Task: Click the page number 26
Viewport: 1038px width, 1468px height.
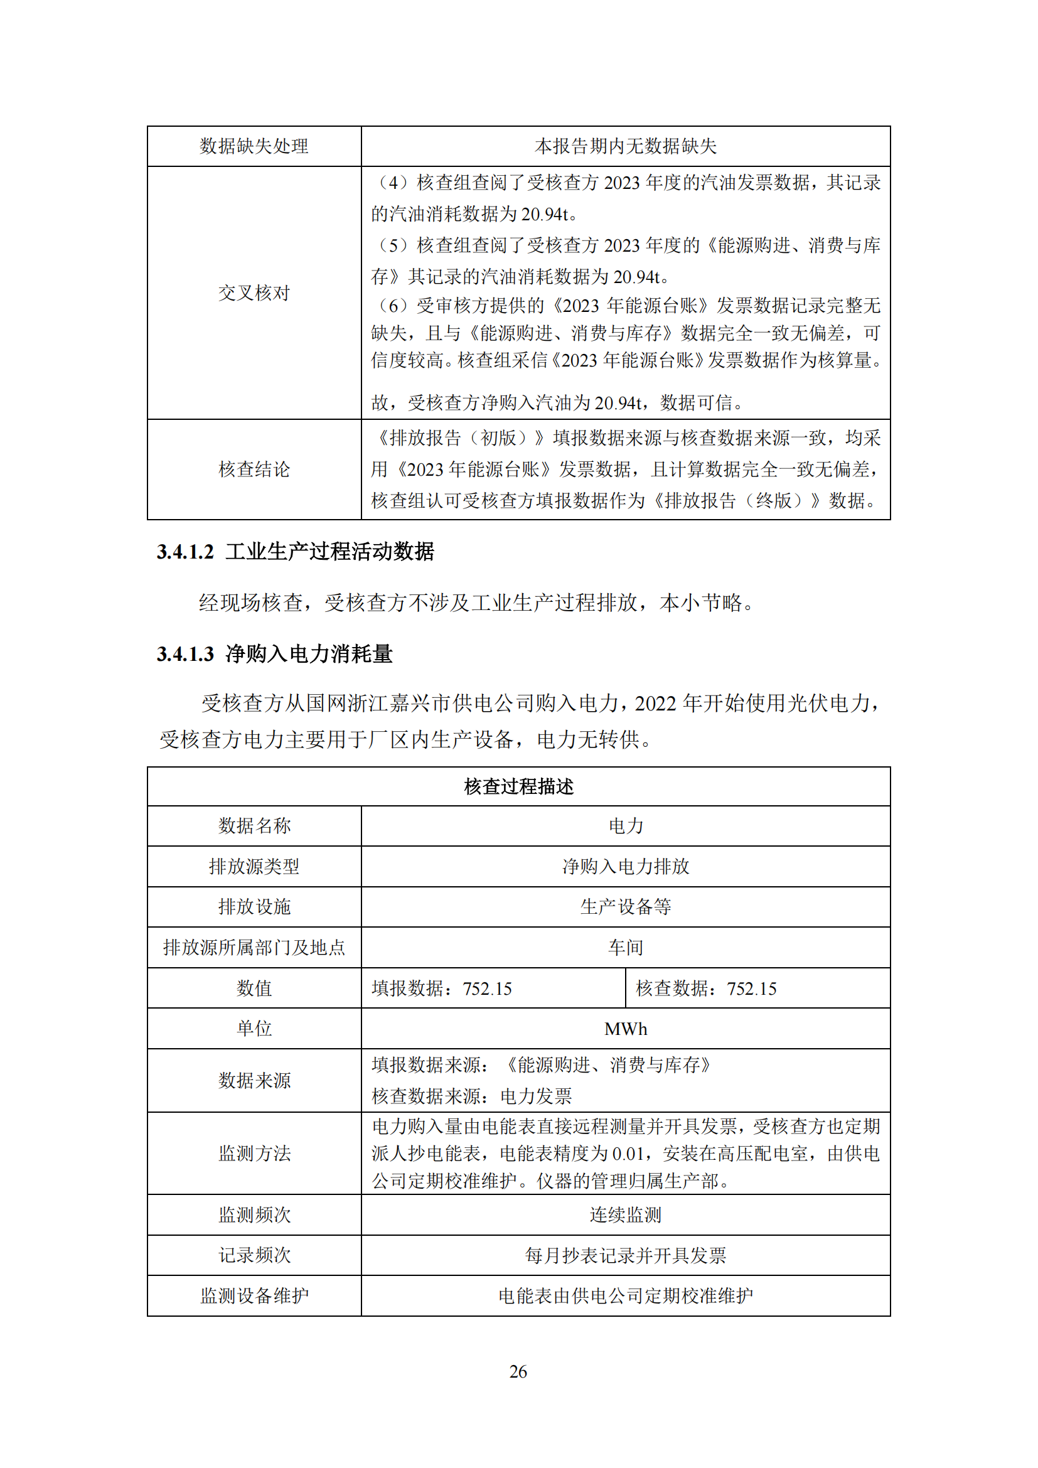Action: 518,1371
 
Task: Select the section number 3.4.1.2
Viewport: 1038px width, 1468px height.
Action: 185,552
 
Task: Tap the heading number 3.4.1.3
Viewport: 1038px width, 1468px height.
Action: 185,654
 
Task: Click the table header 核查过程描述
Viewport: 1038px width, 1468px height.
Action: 518,786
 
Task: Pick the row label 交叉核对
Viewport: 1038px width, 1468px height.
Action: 254,293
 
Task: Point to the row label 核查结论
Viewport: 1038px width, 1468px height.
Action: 254,469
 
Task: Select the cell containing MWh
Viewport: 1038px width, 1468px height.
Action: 625,1029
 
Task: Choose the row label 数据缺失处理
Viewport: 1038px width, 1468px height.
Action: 254,146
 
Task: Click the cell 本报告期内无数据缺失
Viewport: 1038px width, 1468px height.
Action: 625,146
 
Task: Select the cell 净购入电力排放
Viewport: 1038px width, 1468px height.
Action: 625,866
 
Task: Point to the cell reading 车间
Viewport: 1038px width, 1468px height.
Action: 625,948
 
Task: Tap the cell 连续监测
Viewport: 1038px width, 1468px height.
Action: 625,1215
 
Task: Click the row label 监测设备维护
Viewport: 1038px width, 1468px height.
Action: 254,1296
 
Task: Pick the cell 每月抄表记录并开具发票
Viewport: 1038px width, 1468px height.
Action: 625,1256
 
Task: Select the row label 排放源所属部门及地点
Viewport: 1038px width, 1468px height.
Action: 254,948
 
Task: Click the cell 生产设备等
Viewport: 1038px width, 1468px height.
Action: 625,907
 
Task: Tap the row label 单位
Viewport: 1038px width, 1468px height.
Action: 254,1029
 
